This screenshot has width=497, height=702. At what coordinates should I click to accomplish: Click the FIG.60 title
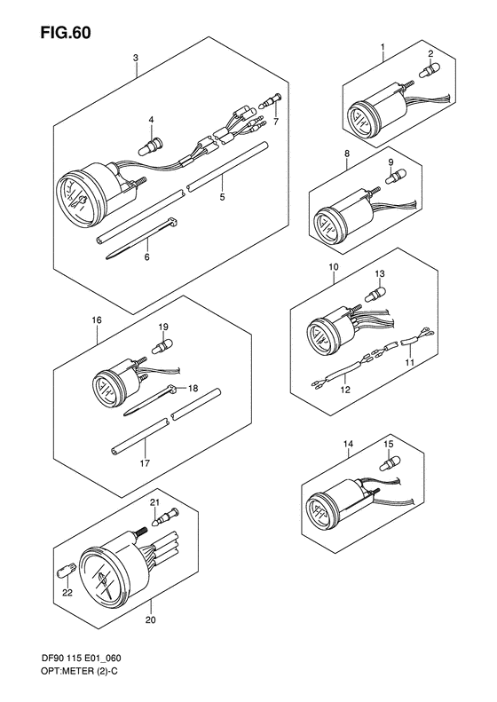coord(66,32)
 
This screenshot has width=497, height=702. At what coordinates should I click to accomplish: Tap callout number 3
coord(136,58)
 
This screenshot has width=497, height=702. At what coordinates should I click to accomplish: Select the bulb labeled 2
coord(429,70)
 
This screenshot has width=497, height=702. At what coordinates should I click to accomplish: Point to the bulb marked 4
coord(151,146)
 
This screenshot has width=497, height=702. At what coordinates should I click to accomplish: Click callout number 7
coord(276,122)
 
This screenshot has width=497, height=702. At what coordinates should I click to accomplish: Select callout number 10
coord(333,267)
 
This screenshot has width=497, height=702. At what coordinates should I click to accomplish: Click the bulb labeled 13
coord(375,294)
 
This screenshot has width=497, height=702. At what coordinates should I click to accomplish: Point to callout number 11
coord(410,362)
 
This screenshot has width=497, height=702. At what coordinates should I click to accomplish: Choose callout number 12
coord(344,390)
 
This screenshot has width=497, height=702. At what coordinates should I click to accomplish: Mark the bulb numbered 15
coord(389,464)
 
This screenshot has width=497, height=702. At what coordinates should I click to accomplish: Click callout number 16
coord(97,320)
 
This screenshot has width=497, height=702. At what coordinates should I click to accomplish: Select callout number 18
coord(193,388)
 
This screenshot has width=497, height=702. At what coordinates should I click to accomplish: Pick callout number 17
coord(145,463)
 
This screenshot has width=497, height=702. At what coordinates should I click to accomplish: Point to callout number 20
coord(151,620)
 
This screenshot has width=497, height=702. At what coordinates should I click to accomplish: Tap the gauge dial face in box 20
coord(103,576)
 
